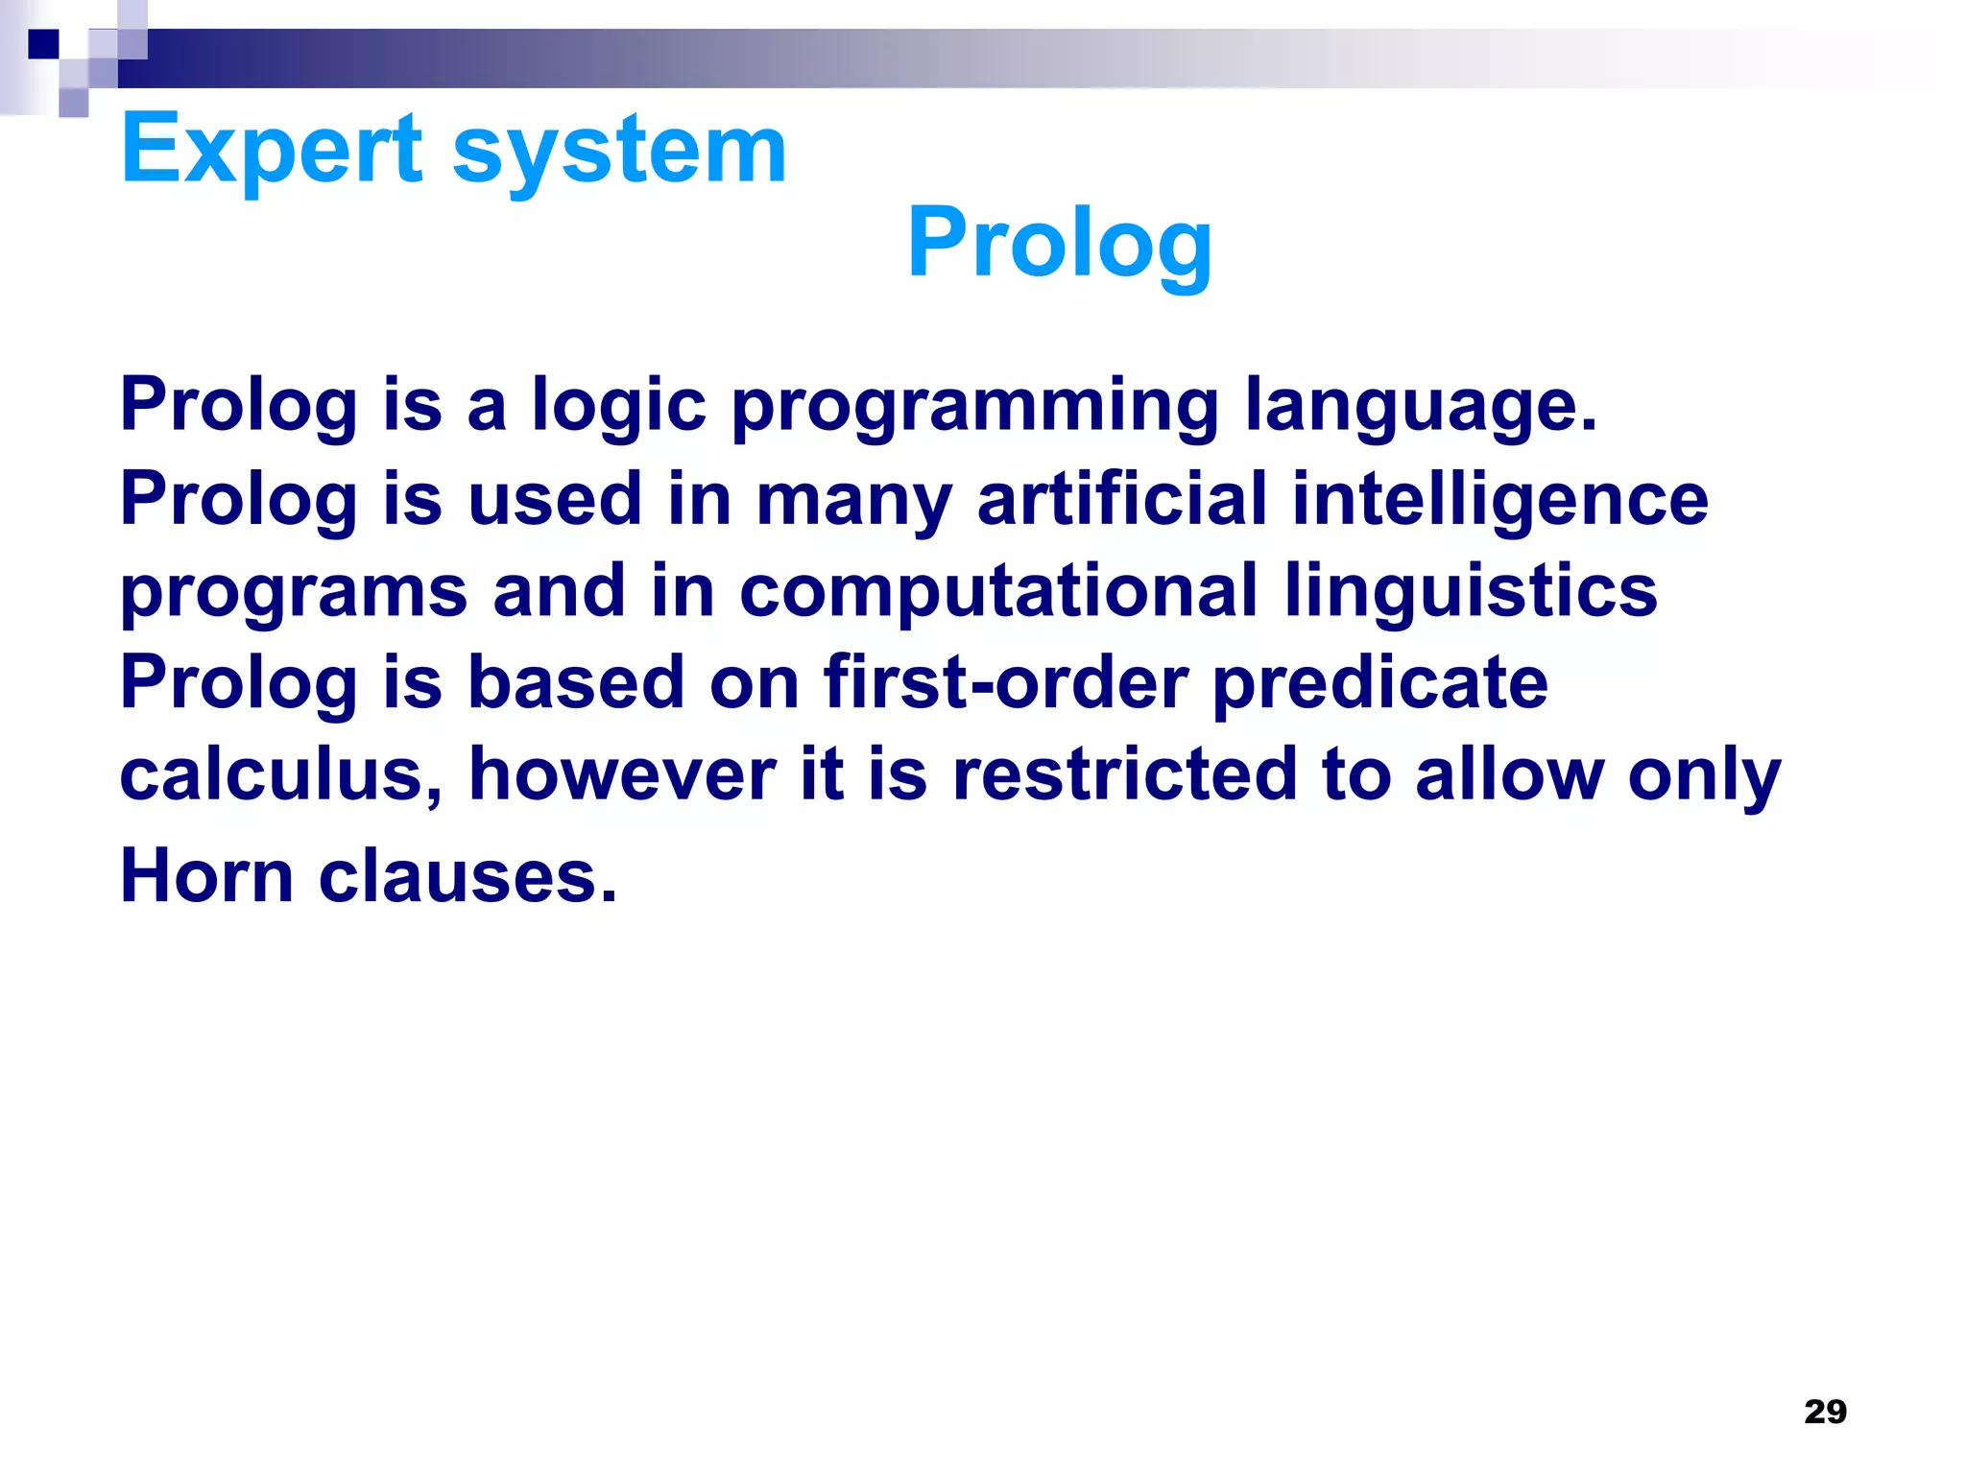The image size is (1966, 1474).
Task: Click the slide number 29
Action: tap(1825, 1412)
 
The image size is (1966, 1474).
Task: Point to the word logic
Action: tap(619, 406)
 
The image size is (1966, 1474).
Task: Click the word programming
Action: tap(975, 406)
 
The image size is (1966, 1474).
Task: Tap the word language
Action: tap(1421, 406)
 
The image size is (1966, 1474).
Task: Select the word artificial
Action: tap(1121, 499)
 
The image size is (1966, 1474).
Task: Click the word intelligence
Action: tap(1499, 499)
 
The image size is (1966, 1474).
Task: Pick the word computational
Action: tap(998, 591)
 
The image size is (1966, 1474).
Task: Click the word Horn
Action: tap(206, 876)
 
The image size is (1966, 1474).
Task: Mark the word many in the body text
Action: tap(854, 499)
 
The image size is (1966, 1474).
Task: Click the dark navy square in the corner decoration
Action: tap(43, 44)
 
